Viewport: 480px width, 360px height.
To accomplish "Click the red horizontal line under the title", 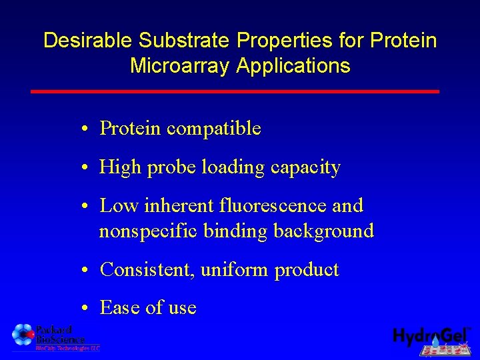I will [235, 91].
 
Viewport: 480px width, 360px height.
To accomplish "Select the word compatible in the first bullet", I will [213, 129].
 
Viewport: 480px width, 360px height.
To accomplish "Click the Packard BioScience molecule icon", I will [23, 334].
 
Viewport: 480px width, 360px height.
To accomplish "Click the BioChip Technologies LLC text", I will [67, 348].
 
